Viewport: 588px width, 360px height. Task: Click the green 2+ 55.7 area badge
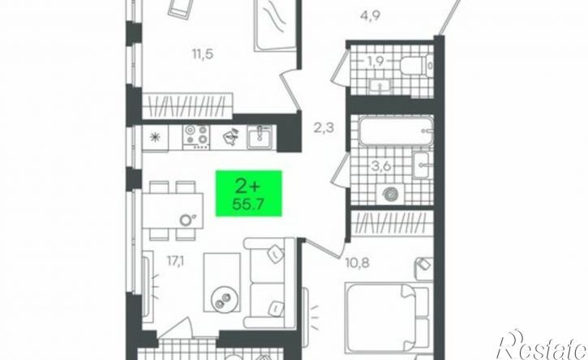(x=248, y=193)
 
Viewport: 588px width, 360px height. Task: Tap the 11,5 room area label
(x=203, y=54)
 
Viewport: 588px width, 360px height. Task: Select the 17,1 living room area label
(x=175, y=261)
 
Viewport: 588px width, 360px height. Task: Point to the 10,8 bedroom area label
(x=357, y=263)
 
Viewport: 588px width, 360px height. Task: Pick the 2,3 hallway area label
(x=324, y=129)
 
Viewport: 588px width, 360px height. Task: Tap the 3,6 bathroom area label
(x=381, y=167)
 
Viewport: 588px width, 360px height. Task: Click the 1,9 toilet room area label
(x=375, y=61)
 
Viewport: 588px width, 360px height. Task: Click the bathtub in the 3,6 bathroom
(x=396, y=131)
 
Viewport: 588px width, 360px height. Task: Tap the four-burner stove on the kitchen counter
(x=196, y=137)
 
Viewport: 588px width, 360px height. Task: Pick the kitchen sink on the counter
(x=260, y=137)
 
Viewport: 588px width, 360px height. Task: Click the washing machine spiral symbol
(x=389, y=195)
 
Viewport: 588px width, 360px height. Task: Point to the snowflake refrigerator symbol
(x=155, y=138)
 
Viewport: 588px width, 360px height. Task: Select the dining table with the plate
(x=173, y=210)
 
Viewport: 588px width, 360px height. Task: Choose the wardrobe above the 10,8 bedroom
(x=393, y=222)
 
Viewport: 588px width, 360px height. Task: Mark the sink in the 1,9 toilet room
(x=380, y=86)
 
